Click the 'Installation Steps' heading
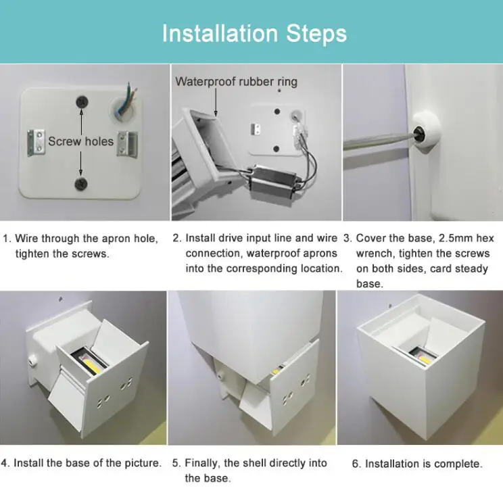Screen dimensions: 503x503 [x=254, y=33]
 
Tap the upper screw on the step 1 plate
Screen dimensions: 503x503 [x=82, y=102]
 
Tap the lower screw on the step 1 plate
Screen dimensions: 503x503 [x=81, y=184]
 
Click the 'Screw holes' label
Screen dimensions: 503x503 [x=81, y=141]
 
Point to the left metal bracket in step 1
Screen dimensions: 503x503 [x=36, y=142]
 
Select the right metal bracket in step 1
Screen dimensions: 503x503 [x=127, y=143]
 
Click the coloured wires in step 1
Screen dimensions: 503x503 [x=128, y=99]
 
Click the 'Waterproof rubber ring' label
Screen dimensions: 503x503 [x=236, y=82]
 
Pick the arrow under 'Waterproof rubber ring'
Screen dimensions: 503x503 [x=216, y=102]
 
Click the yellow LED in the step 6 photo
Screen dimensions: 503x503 [x=423, y=356]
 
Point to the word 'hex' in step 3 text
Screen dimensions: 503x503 [x=485, y=238]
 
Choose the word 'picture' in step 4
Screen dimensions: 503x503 [x=140, y=463]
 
